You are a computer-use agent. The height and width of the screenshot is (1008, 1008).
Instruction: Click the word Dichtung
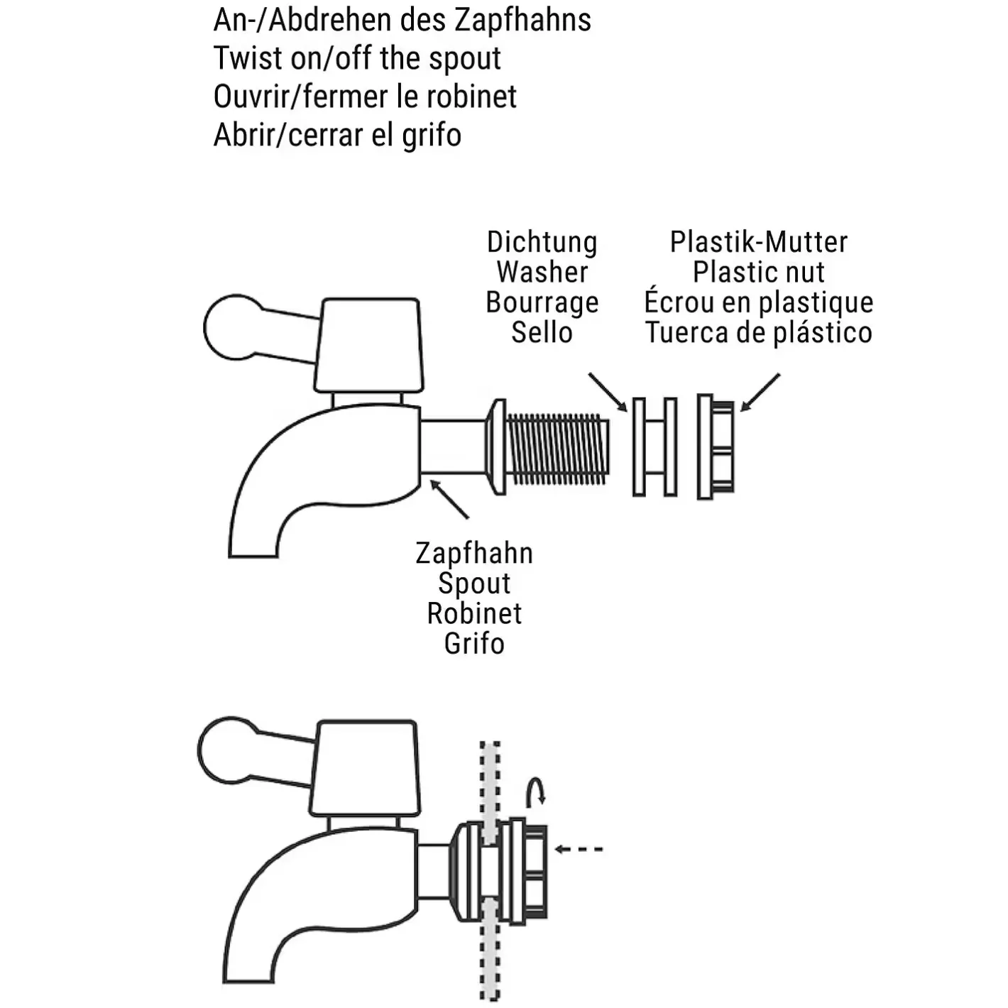tap(542, 243)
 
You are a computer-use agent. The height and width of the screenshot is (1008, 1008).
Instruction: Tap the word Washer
tap(542, 273)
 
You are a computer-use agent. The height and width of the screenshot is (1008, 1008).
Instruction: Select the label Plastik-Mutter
tap(758, 243)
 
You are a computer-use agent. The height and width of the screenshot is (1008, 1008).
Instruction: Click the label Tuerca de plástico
tap(758, 333)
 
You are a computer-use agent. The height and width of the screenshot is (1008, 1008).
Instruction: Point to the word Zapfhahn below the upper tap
tap(474, 554)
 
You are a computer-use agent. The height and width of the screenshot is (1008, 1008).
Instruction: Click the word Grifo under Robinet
tap(474, 644)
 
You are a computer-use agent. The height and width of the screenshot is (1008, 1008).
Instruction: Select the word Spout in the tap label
tap(474, 584)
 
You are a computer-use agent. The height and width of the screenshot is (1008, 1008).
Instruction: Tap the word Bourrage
tap(542, 303)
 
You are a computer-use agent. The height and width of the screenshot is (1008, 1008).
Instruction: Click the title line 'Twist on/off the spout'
tap(357, 59)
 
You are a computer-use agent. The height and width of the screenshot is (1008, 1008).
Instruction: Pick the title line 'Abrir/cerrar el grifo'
tap(337, 136)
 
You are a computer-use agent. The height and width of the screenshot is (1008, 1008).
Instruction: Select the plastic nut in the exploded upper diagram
tap(716, 447)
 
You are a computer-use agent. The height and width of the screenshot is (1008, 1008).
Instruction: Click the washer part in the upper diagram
tap(654, 447)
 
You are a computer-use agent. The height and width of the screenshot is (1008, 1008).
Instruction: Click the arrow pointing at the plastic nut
tap(760, 392)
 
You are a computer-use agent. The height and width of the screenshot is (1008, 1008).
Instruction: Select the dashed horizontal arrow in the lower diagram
tap(579, 849)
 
